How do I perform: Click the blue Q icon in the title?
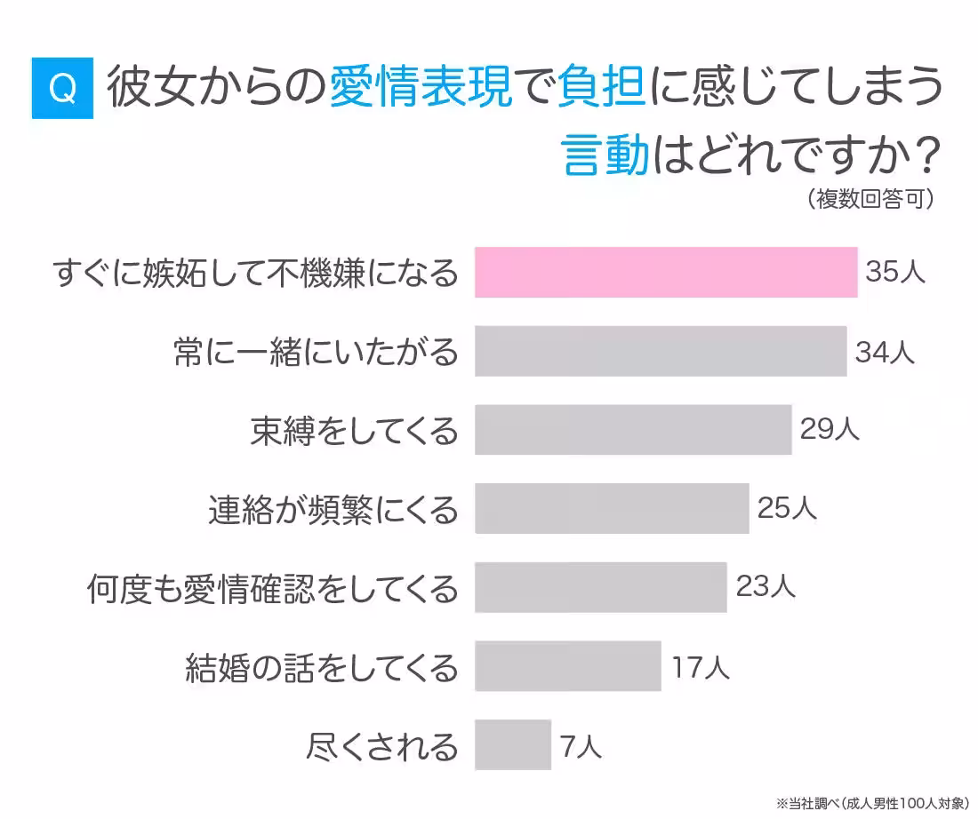(x=62, y=88)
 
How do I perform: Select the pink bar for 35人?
(x=665, y=272)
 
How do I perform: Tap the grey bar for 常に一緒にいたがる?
(x=660, y=351)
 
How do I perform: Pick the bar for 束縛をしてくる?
(x=632, y=429)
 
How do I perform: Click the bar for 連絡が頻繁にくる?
(x=611, y=508)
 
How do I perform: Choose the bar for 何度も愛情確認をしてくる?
(x=600, y=587)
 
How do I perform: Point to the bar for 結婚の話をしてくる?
(x=567, y=665)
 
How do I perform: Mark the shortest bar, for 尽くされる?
(x=512, y=744)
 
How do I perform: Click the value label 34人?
(x=885, y=352)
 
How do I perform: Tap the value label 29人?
(x=830, y=430)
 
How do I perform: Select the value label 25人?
(x=787, y=508)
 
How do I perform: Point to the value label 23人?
(x=766, y=587)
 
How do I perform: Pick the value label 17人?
(x=701, y=666)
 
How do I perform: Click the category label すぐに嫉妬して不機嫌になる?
(x=256, y=273)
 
